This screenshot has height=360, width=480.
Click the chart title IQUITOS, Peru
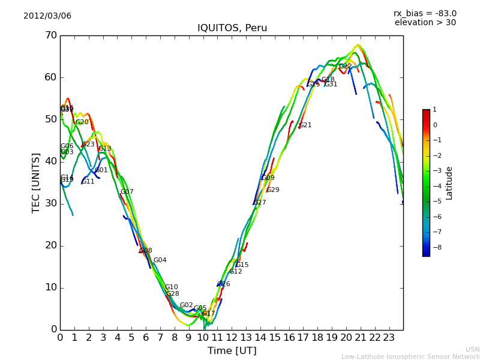[232, 28]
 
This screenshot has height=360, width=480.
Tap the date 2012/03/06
[47, 16]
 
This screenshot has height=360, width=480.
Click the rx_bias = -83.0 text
[425, 13]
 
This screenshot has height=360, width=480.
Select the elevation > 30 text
[425, 23]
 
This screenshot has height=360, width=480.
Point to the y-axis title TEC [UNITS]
[36, 182]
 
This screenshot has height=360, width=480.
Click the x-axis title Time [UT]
[232, 351]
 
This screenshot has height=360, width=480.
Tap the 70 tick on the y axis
[50, 35]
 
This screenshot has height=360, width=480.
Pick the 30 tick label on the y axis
[50, 203]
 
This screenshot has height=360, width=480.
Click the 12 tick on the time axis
[232, 338]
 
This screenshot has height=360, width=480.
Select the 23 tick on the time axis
[389, 338]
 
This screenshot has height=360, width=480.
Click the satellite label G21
[305, 125]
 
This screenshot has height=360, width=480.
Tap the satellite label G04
[160, 260]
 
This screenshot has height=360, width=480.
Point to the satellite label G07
[127, 192]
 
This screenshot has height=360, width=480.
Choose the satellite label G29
[273, 190]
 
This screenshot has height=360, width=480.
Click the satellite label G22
[345, 67]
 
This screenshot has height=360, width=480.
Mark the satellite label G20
[82, 122]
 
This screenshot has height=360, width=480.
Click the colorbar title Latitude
[449, 183]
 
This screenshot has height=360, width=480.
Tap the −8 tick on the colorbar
[435, 247]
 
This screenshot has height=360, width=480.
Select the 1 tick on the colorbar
[434, 110]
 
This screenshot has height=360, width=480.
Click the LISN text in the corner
[472, 349]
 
